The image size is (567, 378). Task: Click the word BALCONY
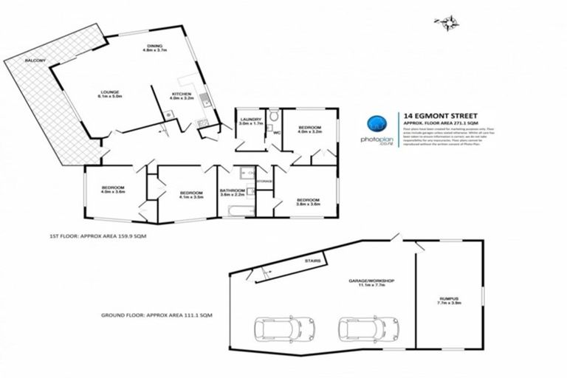pos(35,60)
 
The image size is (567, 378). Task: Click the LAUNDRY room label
pos(250,121)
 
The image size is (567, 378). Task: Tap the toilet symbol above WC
pos(274,117)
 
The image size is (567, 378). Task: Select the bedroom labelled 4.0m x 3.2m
pos(309,131)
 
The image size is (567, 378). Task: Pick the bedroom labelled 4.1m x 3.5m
pos(191,195)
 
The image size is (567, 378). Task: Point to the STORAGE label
pos(264,181)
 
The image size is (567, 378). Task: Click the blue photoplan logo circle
pos(377,123)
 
